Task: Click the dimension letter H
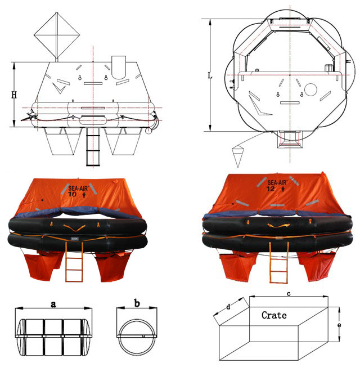click(14, 95)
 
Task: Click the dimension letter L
click(210, 75)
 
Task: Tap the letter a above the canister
click(53, 304)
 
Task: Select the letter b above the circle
click(137, 303)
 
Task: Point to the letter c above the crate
click(289, 294)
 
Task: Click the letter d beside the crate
click(228, 307)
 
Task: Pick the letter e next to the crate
click(339, 325)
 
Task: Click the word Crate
click(274, 315)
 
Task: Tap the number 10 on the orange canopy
click(73, 194)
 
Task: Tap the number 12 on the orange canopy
click(271, 189)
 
